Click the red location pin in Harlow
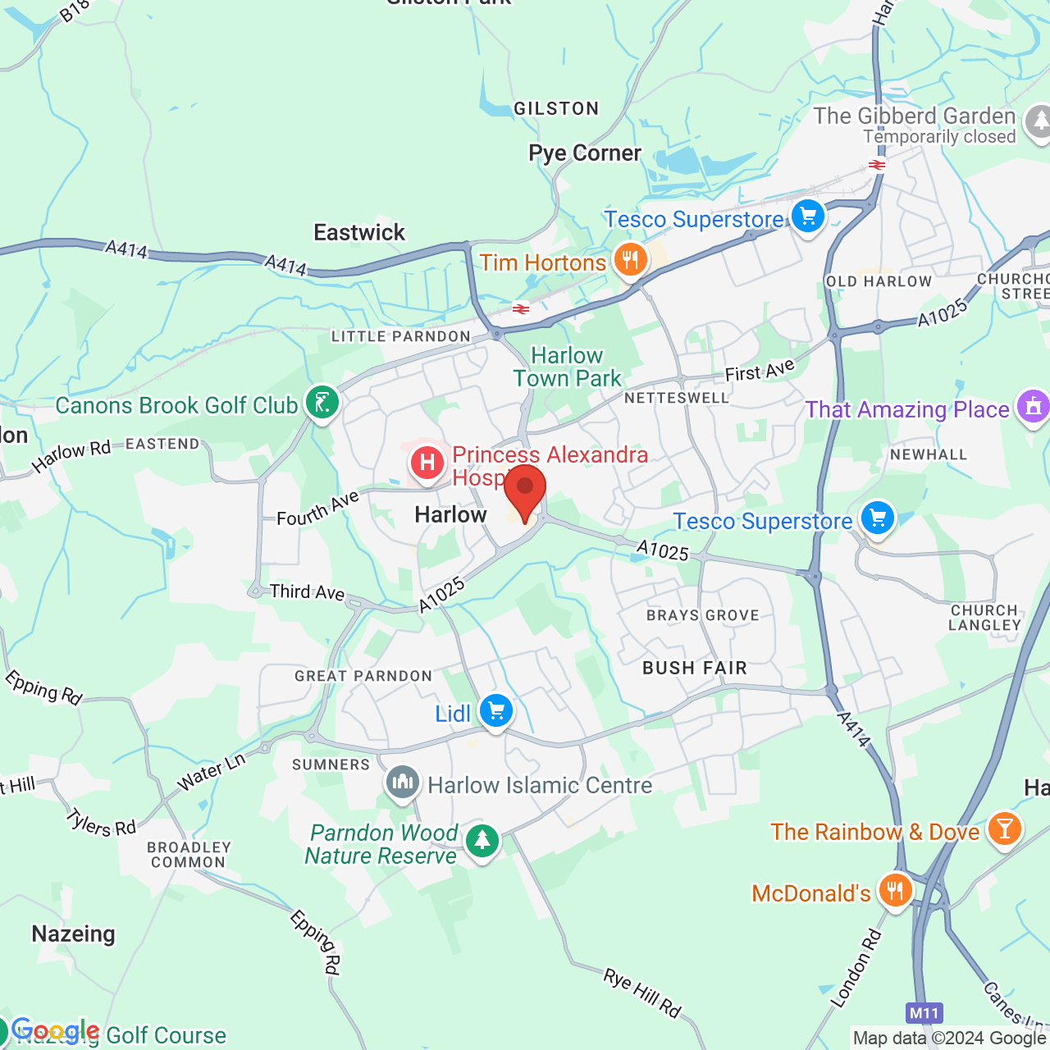[x=525, y=489]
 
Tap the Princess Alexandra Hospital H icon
[x=427, y=463]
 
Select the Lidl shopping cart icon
[x=496, y=711]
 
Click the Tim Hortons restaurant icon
[x=630, y=261]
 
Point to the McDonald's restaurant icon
[x=895, y=890]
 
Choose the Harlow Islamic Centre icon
[x=403, y=783]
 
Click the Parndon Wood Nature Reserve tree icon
[x=482, y=841]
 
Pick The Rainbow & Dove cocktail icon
[x=1004, y=829]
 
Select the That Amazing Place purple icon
[x=1033, y=407]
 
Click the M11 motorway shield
[x=924, y=1013]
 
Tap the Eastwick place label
[x=359, y=233]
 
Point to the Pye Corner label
[x=585, y=153]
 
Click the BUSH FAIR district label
[x=695, y=669]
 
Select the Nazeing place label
[x=73, y=934]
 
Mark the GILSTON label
[x=556, y=109]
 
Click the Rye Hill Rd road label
[x=642, y=992]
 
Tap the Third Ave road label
[x=307, y=592]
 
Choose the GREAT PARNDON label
[x=363, y=676]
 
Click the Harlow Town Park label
[x=568, y=367]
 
